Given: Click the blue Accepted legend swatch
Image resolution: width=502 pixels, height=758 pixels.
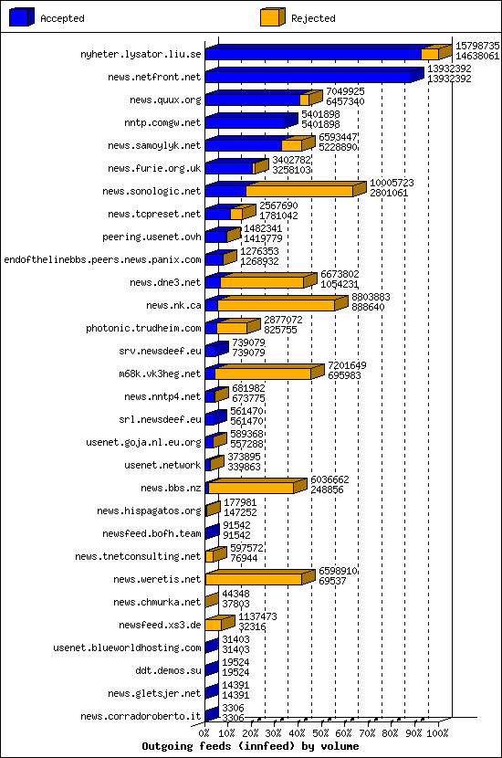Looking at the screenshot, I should pos(22,17).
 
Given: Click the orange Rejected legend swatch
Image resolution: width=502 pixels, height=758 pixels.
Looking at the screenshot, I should pos(272,17).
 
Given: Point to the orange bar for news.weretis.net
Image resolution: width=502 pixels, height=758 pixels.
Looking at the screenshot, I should pos(254,579).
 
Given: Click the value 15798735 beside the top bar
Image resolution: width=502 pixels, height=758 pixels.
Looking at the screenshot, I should pos(477,45).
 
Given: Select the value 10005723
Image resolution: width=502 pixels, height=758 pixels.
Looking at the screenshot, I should pos(392,182).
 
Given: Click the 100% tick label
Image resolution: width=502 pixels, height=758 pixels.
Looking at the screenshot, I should pos(438,732).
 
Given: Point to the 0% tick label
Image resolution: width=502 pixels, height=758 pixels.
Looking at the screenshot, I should pos(205,732).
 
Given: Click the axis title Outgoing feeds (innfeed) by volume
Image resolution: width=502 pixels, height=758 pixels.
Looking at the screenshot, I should pos(250,746).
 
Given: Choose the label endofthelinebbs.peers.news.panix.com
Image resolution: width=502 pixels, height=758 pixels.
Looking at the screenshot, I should pos(103,260).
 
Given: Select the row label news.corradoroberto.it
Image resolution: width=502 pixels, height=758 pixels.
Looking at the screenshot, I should pos(141,717).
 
